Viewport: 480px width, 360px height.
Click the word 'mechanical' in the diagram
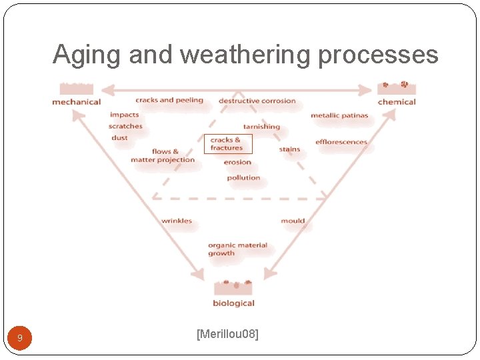click(x=76, y=102)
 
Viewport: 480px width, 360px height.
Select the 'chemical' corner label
click(x=396, y=102)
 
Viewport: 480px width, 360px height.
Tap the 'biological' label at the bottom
click(x=233, y=303)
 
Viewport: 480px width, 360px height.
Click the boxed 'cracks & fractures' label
click(x=228, y=144)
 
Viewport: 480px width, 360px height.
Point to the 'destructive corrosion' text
click(x=257, y=101)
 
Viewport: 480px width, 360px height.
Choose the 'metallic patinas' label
click(x=339, y=115)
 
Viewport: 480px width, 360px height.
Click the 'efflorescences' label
click(x=341, y=142)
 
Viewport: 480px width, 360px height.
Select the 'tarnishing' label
click(x=261, y=127)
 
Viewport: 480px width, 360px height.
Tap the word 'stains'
click(x=289, y=149)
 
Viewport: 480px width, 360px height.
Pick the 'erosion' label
click(x=237, y=162)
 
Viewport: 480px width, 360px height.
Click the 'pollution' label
click(x=243, y=178)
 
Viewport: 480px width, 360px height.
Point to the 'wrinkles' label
click(x=177, y=221)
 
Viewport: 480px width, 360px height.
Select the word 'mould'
click(x=293, y=221)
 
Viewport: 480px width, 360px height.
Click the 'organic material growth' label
click(x=237, y=249)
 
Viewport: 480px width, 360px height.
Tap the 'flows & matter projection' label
click(x=163, y=156)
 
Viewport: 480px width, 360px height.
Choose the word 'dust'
click(x=119, y=138)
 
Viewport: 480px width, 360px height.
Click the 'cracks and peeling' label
click(x=169, y=100)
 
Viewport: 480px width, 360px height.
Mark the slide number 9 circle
click(x=19, y=338)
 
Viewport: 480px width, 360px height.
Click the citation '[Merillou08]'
click(x=227, y=333)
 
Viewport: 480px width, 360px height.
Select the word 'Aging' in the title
click(x=85, y=55)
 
